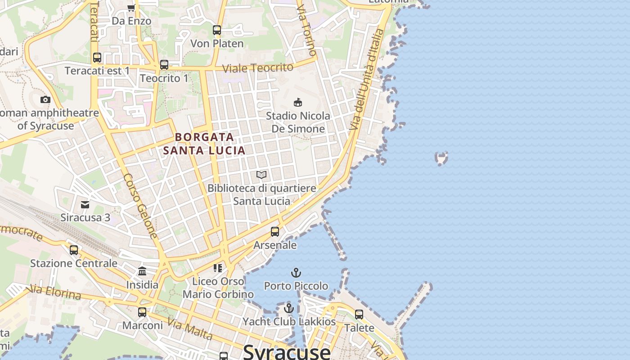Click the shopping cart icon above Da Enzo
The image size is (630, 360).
point(131,7)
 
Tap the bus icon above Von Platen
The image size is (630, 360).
point(217,30)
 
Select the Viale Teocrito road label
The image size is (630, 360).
point(258,68)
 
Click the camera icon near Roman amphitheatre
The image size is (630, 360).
point(45,99)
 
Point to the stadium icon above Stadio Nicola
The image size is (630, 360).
point(297,102)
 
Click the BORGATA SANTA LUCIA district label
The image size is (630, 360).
point(204,144)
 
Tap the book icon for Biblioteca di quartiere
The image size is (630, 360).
point(261,175)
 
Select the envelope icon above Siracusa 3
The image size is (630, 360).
point(85,205)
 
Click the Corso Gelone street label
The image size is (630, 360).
point(141,206)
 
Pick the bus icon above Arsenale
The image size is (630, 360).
point(275,232)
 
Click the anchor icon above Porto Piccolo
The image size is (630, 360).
point(296,272)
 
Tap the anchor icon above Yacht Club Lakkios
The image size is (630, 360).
point(289,308)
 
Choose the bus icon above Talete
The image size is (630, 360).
point(359,315)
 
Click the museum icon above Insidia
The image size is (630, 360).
point(142,271)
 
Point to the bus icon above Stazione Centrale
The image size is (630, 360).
point(74,250)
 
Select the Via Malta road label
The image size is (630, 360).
point(190,329)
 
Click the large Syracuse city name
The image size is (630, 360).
point(287,351)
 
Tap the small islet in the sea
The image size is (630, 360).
point(441,158)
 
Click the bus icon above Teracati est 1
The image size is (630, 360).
point(97,58)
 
